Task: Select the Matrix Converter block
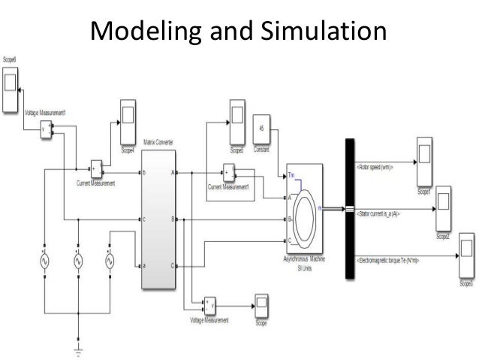point(160,219)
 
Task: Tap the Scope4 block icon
point(124,120)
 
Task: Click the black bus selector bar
point(349,208)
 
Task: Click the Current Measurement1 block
point(228,174)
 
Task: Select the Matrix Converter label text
point(159,141)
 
